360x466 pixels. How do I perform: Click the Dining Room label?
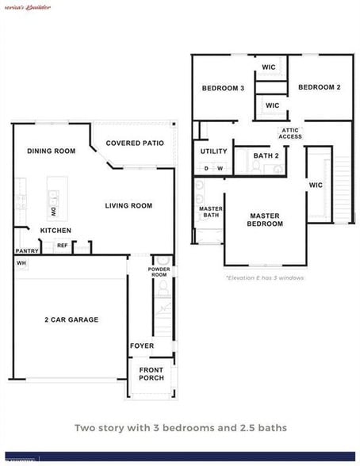coord(51,151)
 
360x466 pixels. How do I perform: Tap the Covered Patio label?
coord(135,143)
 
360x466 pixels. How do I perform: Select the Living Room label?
coord(128,206)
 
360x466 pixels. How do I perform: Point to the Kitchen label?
coord(56,231)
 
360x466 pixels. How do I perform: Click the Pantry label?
coord(26,251)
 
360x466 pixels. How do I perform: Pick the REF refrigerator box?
coord(62,246)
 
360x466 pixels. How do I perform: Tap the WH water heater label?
coord(21,263)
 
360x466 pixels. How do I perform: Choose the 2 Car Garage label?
coord(71,320)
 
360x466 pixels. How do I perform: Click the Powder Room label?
coord(159,272)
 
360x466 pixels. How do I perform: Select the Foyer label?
coord(142,346)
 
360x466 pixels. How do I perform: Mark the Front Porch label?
coord(151,374)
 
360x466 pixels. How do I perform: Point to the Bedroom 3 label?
coord(222,88)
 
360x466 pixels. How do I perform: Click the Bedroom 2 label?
coord(320,87)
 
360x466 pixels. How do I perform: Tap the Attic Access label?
coord(290,134)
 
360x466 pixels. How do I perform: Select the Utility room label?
coord(213,151)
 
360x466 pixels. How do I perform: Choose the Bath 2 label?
coord(266,156)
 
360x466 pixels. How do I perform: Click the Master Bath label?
coord(210,212)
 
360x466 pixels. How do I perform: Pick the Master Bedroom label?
coord(266,220)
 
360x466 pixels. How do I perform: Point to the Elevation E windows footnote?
coord(265,278)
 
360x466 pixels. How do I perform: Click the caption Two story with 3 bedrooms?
coord(180,428)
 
